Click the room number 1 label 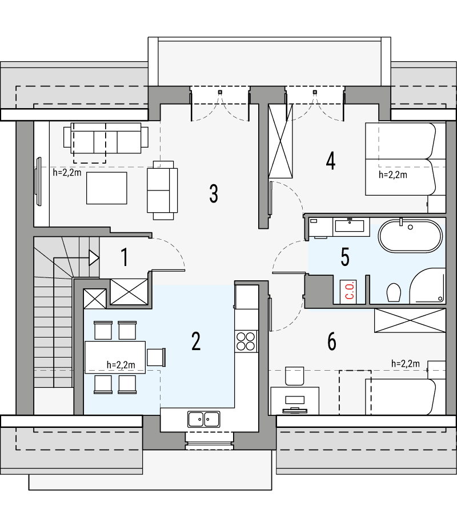pyautogui.click(x=124, y=257)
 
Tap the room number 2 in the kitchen pyautogui.click(x=196, y=342)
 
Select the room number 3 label pyautogui.click(x=213, y=193)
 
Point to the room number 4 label pyautogui.click(x=330, y=161)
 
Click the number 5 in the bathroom pyautogui.click(x=344, y=257)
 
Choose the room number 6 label pyautogui.click(x=331, y=342)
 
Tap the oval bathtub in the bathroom pyautogui.click(x=410, y=235)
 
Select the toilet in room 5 pyautogui.click(x=392, y=293)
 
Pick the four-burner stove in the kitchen pyautogui.click(x=246, y=342)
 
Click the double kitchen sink pyautogui.click(x=204, y=419)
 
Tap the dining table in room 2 pyautogui.click(x=114, y=357)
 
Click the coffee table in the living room pyautogui.click(x=106, y=188)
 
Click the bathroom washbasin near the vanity pyautogui.click(x=349, y=226)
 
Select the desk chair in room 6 pyautogui.click(x=295, y=376)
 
